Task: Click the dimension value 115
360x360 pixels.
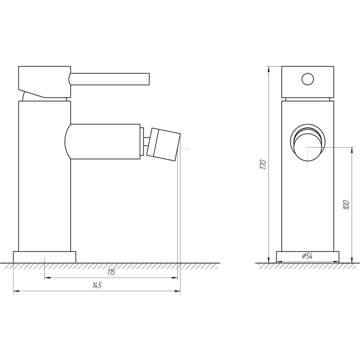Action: pyautogui.click(x=111, y=272)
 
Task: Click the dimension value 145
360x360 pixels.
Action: pyautogui.click(x=96, y=285)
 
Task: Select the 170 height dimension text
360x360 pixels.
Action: pyautogui.click(x=264, y=165)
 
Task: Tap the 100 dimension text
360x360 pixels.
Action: pyautogui.click(x=346, y=205)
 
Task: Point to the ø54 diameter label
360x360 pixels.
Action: pyautogui.click(x=307, y=256)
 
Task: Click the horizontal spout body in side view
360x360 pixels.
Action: pyautogui.click(x=103, y=141)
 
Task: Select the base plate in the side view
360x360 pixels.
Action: pyautogui.click(x=45, y=257)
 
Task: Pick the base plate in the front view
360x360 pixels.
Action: pyautogui.click(x=307, y=257)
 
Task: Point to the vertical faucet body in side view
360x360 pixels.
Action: pyautogui.click(x=45, y=189)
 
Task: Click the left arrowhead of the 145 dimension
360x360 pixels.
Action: pyautogui.click(x=15, y=292)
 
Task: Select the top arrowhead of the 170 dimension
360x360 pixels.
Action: pyautogui.click(x=269, y=68)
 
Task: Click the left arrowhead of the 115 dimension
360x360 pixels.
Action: pyautogui.click(x=46, y=279)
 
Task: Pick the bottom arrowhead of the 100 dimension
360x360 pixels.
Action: pyautogui.click(x=351, y=261)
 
